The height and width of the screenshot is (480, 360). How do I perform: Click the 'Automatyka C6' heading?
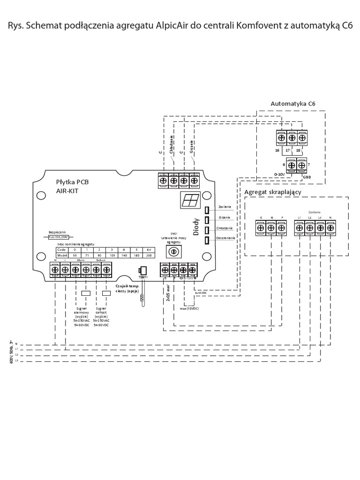pyautogui.click(x=292, y=103)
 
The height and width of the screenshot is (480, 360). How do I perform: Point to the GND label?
pyautogui.click(x=307, y=178)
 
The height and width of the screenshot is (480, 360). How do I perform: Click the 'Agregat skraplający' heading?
pyautogui.click(x=272, y=192)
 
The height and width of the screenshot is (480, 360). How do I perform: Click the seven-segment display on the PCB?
pyautogui.click(x=190, y=201)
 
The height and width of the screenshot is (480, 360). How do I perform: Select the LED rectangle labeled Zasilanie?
pyautogui.click(x=207, y=209)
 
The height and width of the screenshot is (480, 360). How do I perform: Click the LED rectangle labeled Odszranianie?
pyautogui.click(x=207, y=241)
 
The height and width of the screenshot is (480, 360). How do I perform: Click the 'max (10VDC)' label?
pyautogui.click(x=190, y=308)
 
